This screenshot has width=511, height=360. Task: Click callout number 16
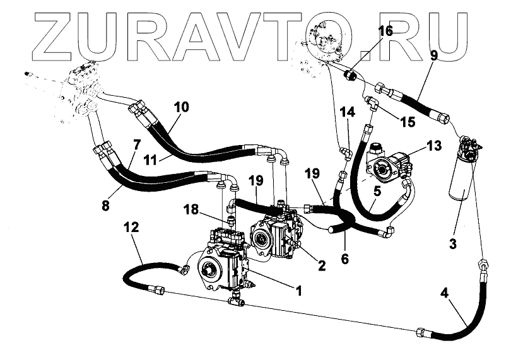[385, 30]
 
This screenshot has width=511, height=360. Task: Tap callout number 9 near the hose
[433, 55]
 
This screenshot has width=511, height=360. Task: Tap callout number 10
[181, 107]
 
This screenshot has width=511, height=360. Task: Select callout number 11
[150, 160]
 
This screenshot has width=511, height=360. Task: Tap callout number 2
[321, 266]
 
